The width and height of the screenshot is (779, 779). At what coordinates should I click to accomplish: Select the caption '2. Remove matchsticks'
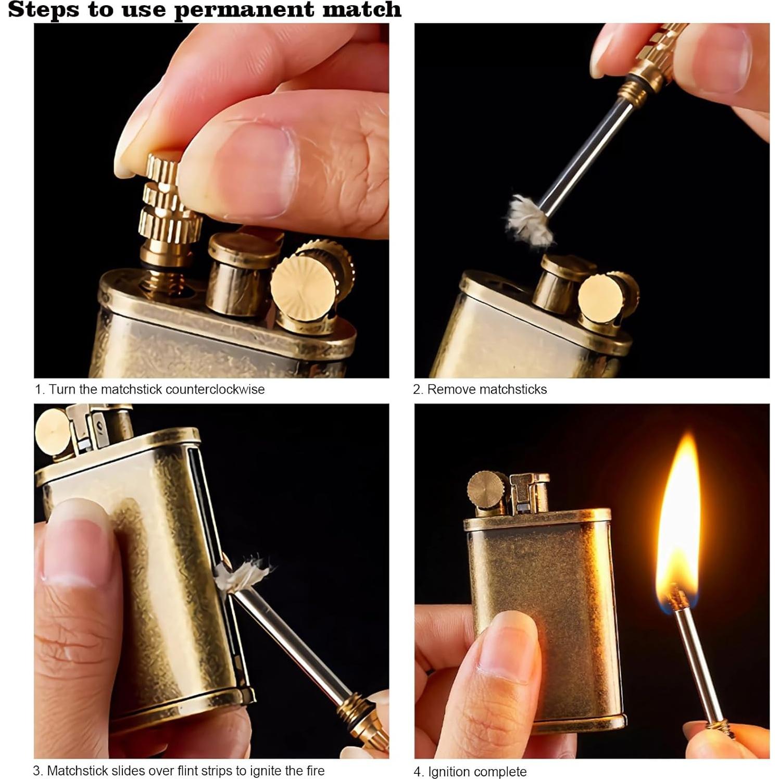480,389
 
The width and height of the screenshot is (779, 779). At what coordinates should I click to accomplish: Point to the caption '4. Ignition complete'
470,771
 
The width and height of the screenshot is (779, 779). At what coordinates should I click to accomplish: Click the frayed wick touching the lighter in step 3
242,574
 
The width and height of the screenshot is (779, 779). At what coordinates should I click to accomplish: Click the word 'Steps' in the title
44,10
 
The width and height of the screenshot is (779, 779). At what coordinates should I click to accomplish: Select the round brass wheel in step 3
53,432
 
